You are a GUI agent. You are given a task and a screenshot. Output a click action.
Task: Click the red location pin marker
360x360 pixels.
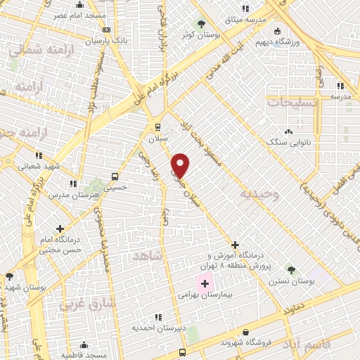click(x=181, y=165)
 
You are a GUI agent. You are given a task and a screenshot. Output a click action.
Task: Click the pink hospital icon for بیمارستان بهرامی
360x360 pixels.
click(x=205, y=284)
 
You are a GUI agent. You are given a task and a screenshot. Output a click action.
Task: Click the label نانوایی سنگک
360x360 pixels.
click(x=288, y=142)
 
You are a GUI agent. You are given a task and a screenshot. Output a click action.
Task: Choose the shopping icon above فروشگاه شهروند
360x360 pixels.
click(x=245, y=333)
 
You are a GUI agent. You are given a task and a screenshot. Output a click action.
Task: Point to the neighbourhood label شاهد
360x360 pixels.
click(x=147, y=257)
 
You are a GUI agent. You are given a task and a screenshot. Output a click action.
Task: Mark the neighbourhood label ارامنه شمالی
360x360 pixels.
click(x=35, y=51)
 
